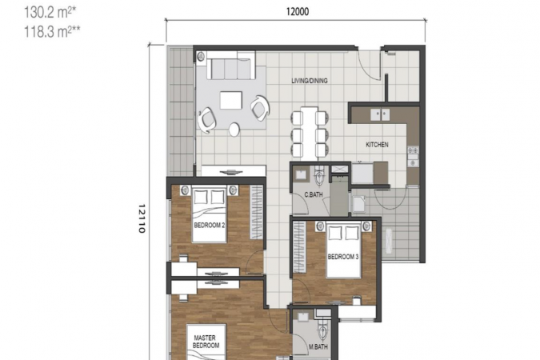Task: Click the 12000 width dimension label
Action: [x=298, y=12]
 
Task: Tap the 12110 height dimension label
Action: [x=142, y=218]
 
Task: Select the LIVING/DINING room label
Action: [x=310, y=81]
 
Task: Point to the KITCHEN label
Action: [x=377, y=145]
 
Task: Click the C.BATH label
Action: [x=314, y=194]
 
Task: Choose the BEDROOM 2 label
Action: [x=210, y=226]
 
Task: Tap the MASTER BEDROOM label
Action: [x=206, y=342]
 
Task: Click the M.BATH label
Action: [x=318, y=347]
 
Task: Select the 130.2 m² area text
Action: [x=50, y=13]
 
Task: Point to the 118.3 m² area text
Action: [x=52, y=32]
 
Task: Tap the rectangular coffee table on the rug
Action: [x=230, y=100]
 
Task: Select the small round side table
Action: [x=235, y=129]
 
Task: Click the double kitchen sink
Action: [x=380, y=114]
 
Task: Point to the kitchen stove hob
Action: [x=413, y=157]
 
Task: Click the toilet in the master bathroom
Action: [x=322, y=330]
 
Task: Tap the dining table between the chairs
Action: [x=309, y=133]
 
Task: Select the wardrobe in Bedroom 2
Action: [x=256, y=212]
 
